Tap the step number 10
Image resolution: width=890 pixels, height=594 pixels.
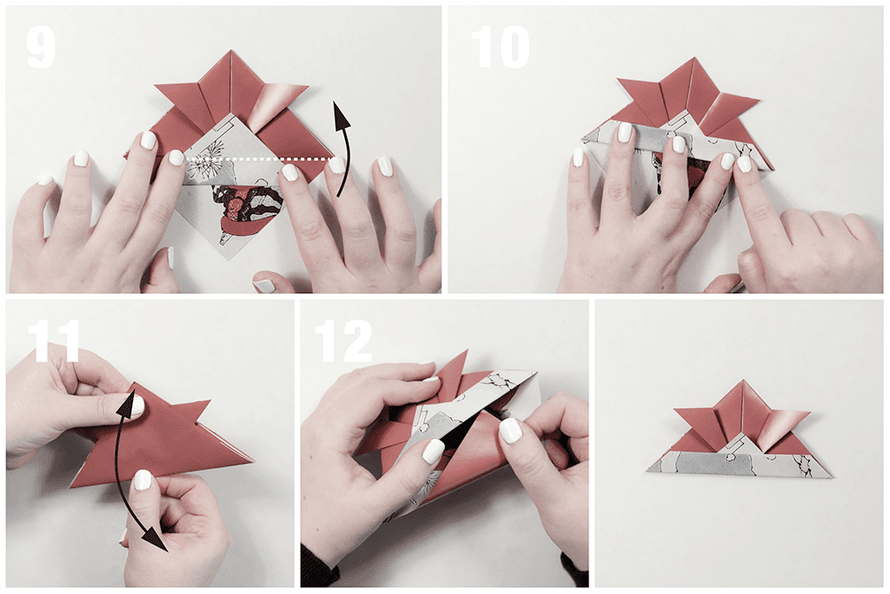(x=500, y=48)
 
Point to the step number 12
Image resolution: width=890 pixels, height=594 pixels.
(x=343, y=341)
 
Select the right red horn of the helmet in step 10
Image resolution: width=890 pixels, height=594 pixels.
(x=729, y=107)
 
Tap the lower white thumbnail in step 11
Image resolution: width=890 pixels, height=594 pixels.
(x=141, y=481)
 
